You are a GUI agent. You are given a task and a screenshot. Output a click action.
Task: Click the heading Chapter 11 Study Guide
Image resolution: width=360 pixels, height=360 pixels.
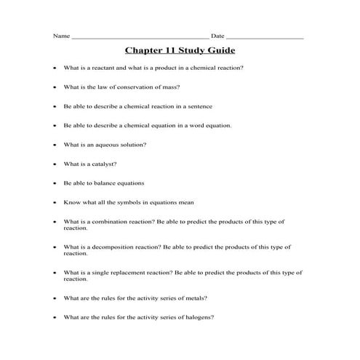coord(180,51)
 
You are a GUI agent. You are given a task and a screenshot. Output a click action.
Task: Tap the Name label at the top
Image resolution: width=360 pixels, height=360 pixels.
coord(62,36)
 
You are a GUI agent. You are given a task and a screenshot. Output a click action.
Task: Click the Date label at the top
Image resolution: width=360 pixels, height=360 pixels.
coord(217,36)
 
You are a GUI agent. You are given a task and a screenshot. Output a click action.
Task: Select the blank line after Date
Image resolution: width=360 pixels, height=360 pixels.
coord(265,37)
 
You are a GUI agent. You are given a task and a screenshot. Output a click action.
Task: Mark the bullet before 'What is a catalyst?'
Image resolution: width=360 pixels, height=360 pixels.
coord(55,164)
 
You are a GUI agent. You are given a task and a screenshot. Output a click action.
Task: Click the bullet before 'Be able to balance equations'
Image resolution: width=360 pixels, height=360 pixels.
coord(55,183)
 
